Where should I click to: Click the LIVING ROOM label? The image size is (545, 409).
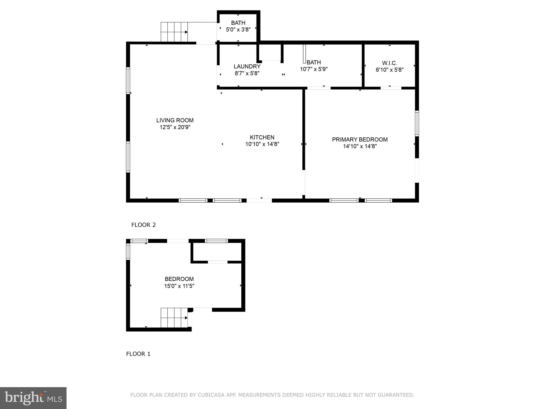click(x=175, y=120)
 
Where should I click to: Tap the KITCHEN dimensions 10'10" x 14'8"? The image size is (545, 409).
click(x=262, y=144)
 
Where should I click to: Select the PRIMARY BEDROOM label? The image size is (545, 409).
click(x=360, y=140)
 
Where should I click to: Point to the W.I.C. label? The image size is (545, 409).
click(x=390, y=63)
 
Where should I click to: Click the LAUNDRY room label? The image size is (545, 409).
click(x=247, y=67)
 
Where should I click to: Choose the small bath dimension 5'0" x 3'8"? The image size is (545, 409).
click(x=238, y=30)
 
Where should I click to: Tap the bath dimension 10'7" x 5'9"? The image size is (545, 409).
click(x=314, y=69)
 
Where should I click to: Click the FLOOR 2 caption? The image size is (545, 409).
click(x=143, y=225)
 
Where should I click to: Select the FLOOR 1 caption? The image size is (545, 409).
click(x=138, y=354)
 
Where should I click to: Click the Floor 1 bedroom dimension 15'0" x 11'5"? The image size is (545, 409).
click(x=179, y=286)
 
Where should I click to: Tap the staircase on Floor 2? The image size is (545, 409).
click(x=174, y=32)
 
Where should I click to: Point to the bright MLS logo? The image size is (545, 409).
click(x=33, y=398)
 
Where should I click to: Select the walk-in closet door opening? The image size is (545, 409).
click(x=391, y=88)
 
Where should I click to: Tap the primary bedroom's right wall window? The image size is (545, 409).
click(x=417, y=124)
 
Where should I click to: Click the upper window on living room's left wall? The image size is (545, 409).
click(x=128, y=80)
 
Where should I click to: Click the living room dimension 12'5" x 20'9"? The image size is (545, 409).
click(x=175, y=127)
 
